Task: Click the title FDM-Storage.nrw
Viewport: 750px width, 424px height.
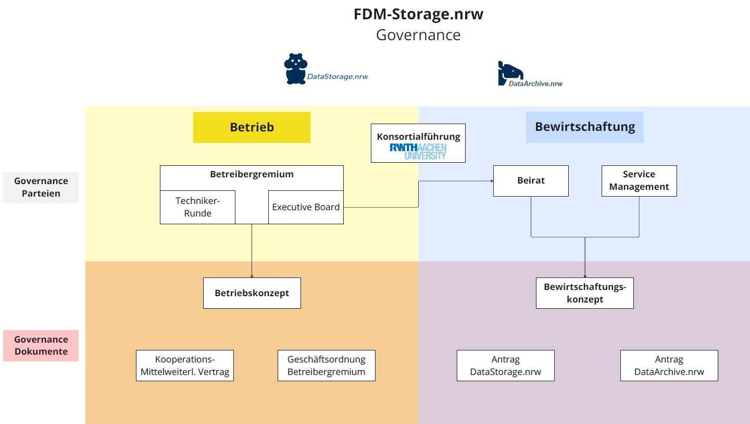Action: (418, 14)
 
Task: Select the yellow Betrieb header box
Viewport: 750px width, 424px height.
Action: (252, 127)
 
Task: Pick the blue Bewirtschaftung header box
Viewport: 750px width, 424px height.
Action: (584, 127)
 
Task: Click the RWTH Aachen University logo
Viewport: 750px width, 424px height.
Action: (418, 151)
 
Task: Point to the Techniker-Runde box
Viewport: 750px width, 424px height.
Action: (197, 207)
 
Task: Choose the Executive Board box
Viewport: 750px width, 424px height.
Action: (306, 207)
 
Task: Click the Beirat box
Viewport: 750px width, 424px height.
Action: (531, 180)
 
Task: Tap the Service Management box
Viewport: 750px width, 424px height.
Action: (639, 180)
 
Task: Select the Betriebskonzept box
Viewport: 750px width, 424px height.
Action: (252, 293)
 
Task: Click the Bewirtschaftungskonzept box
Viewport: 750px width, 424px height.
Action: (584, 293)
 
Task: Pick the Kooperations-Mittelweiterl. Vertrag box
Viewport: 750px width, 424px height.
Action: (184, 366)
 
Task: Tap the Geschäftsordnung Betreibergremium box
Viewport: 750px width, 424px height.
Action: (326, 366)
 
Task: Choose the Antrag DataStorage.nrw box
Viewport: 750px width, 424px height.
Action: (505, 366)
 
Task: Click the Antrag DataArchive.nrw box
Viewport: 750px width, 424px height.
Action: (669, 366)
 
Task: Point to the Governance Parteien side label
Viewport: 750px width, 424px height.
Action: (41, 187)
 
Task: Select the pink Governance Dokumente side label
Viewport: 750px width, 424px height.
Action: (41, 345)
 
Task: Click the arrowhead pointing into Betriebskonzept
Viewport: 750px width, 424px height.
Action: (252, 275)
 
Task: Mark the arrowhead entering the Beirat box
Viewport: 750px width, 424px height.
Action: (491, 181)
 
